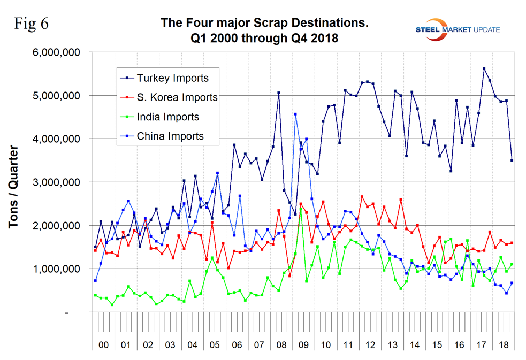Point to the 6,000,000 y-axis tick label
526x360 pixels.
[56, 52]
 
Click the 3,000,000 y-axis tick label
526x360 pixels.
[56, 182]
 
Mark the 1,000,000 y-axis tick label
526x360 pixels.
[56, 269]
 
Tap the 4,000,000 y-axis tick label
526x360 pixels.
[56, 139]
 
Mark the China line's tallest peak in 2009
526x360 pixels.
[295, 114]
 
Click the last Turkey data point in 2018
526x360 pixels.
[512, 160]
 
